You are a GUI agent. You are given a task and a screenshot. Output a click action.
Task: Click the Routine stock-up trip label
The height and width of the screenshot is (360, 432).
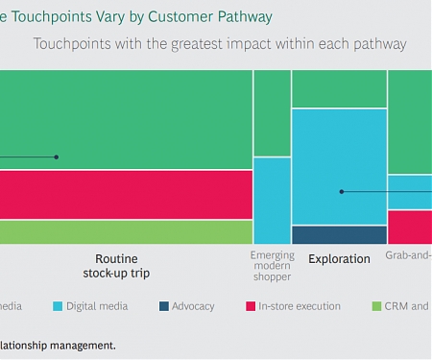[123, 266]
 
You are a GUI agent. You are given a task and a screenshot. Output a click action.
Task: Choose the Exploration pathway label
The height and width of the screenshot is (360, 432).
[339, 259]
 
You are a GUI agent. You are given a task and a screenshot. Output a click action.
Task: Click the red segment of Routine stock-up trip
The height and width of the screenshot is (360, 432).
[125, 195]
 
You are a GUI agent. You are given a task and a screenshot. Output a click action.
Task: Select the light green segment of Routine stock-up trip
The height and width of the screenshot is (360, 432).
[125, 231]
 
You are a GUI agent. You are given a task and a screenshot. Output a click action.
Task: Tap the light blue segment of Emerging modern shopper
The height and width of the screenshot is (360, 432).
[273, 200]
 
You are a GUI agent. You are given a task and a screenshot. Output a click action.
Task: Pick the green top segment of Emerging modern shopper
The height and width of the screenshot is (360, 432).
[273, 113]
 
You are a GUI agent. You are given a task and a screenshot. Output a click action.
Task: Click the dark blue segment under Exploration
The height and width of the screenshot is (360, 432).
[339, 234]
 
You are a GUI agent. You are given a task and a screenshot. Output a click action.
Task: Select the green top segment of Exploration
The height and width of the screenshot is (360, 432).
[339, 88]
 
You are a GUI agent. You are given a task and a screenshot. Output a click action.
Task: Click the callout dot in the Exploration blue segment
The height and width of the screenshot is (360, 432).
[341, 192]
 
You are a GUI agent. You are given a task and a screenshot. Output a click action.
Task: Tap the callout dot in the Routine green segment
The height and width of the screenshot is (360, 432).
[57, 156]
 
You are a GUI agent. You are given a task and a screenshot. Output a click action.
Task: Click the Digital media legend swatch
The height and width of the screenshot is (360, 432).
[58, 307]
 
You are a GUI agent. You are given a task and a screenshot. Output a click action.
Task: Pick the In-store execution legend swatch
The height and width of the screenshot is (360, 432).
[248, 307]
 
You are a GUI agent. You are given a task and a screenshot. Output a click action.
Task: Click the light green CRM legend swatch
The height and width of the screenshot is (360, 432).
[377, 307]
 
